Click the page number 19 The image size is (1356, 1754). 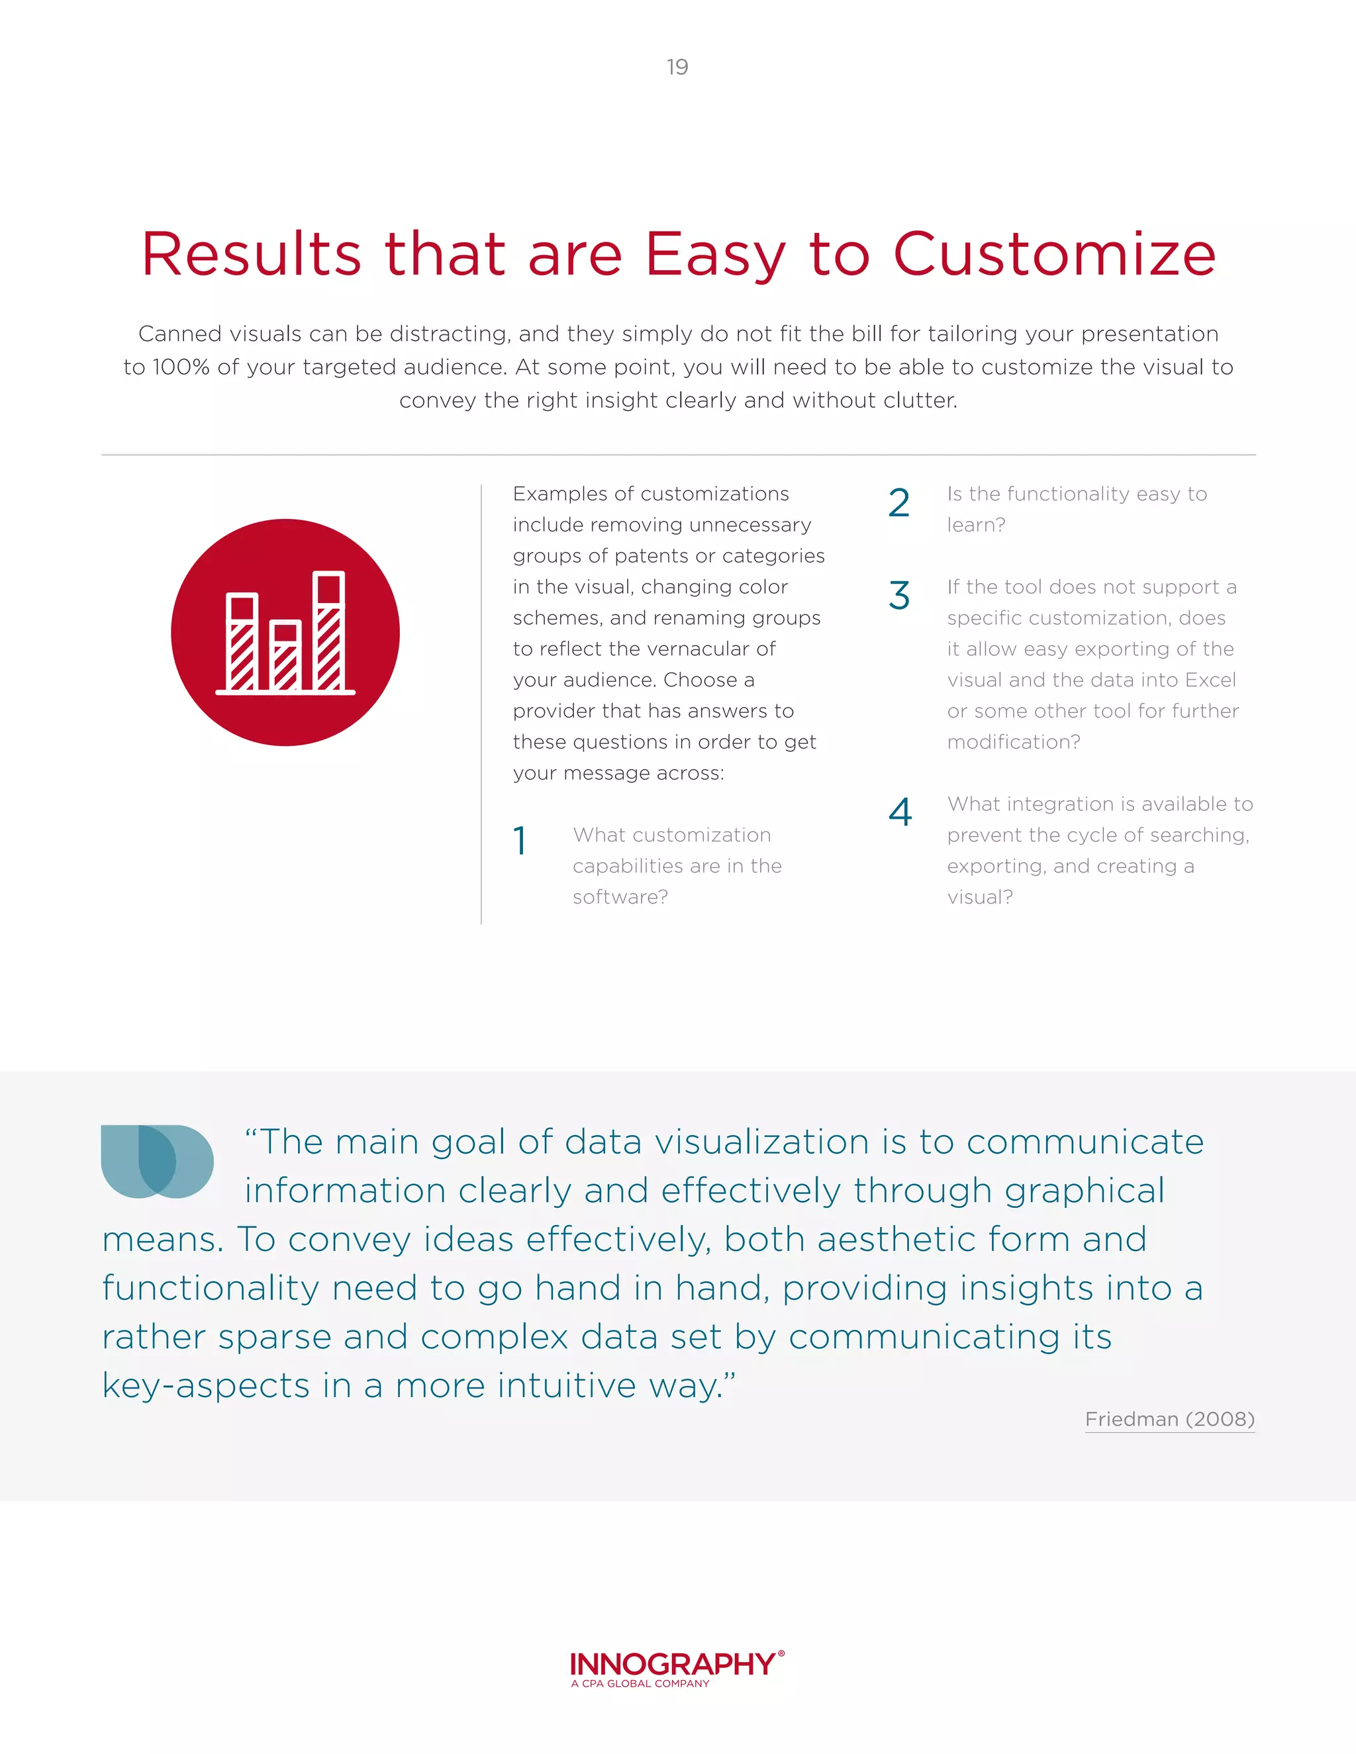tap(677, 67)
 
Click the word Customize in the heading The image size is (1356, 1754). tap(1055, 255)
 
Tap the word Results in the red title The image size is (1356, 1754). tap(252, 255)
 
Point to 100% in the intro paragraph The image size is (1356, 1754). tap(181, 367)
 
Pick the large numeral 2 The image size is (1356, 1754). tap(899, 504)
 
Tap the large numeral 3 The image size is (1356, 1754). tap(899, 596)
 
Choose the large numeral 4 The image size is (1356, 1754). tap(900, 812)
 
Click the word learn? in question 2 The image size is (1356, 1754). tap(976, 526)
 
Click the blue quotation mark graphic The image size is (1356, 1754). tap(158, 1162)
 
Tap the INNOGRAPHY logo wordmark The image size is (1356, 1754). tap(673, 1664)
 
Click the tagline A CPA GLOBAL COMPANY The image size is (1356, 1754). tap(640, 1683)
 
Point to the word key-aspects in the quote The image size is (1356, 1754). tap(206, 1386)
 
